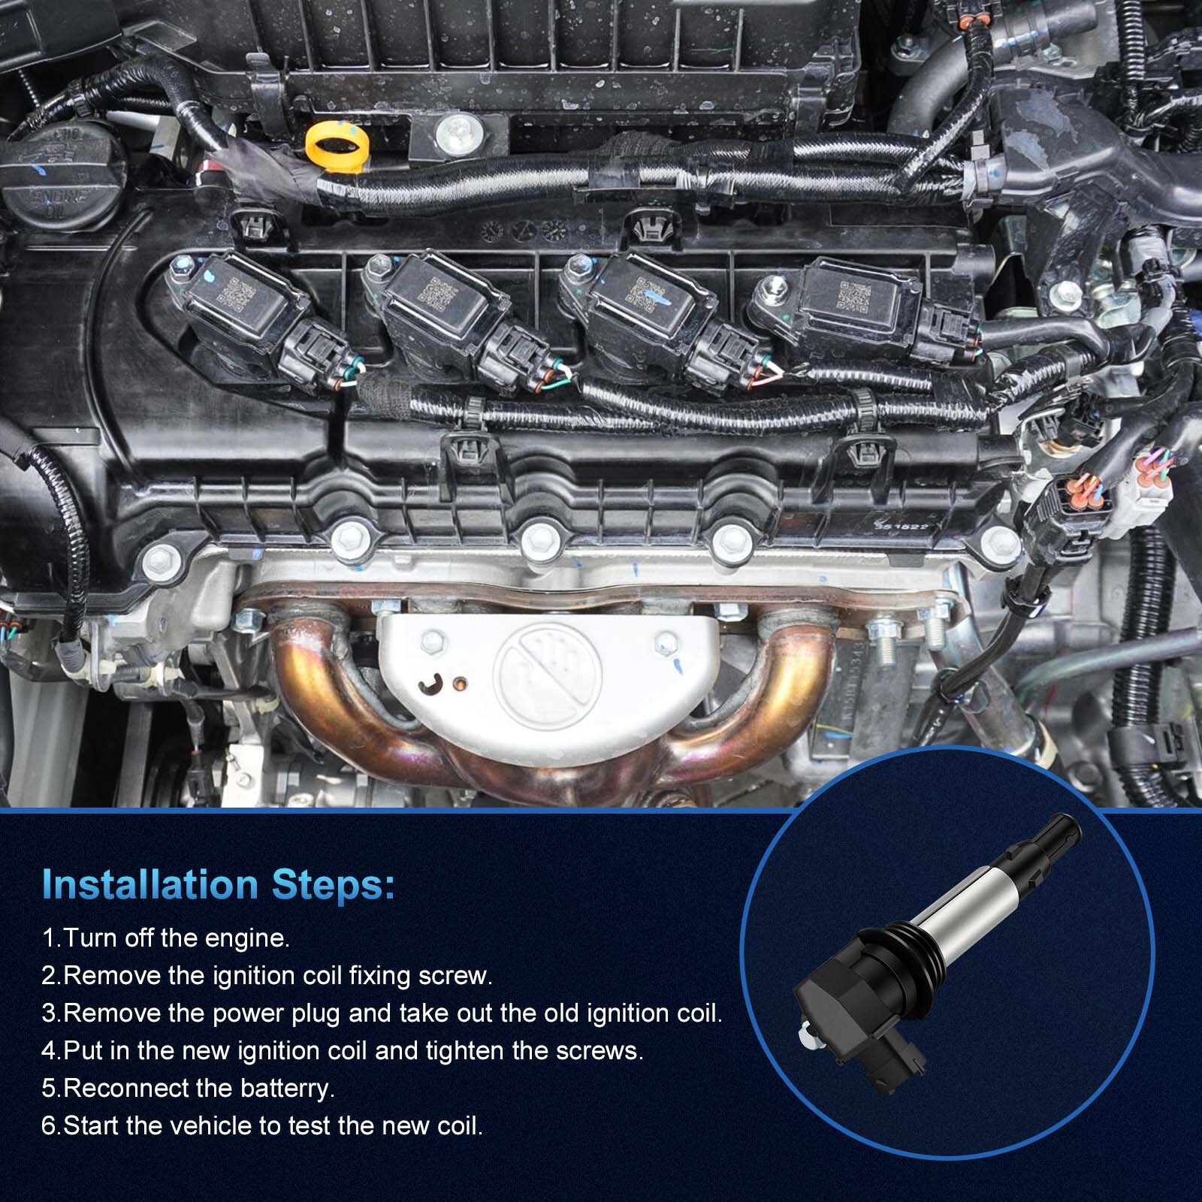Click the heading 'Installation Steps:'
[x=218, y=884]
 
